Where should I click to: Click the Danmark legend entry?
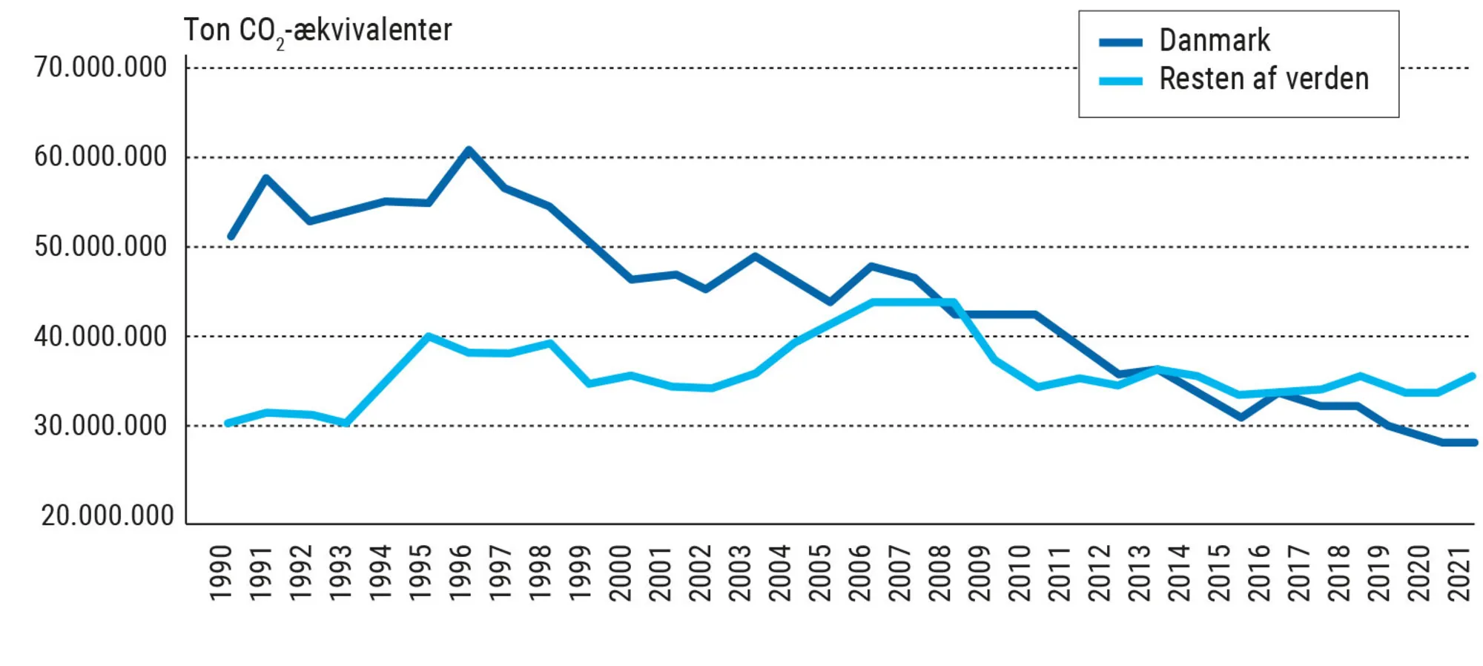click(1214, 40)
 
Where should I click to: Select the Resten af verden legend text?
click(1264, 79)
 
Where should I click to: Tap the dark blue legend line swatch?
click(1120, 42)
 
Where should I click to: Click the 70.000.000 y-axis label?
click(101, 67)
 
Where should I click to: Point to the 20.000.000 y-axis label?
click(108, 515)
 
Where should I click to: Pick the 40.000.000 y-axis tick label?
click(101, 337)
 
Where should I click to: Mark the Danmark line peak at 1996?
click(469, 151)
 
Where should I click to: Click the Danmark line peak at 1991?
click(265, 178)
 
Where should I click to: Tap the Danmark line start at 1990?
click(231, 237)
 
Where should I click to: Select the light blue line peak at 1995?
click(429, 336)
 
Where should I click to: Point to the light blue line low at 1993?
click(346, 423)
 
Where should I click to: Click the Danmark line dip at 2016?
click(1240, 418)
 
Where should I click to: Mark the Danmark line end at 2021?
click(1474, 443)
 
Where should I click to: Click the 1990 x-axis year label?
click(220, 573)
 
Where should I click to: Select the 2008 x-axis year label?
click(939, 573)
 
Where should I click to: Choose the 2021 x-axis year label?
click(1459, 573)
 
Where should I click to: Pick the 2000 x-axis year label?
click(620, 573)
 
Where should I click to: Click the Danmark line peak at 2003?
click(754, 257)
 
